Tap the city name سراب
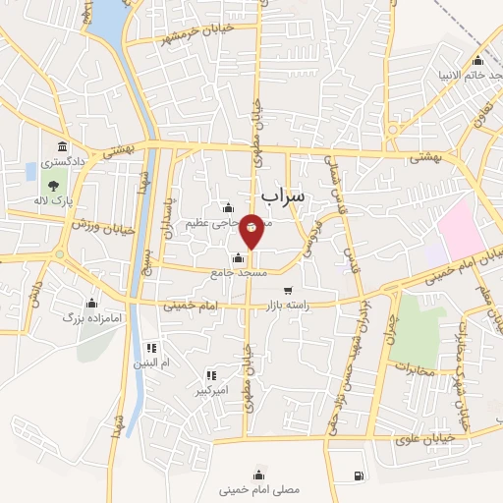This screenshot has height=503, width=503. (x=285, y=196)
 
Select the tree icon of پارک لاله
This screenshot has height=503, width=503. (x=50, y=185)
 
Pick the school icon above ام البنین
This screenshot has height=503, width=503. (x=151, y=348)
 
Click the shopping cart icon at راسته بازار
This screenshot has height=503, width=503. (x=288, y=290)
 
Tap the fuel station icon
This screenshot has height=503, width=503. (x=355, y=477)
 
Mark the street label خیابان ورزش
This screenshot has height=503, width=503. (x=101, y=220)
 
